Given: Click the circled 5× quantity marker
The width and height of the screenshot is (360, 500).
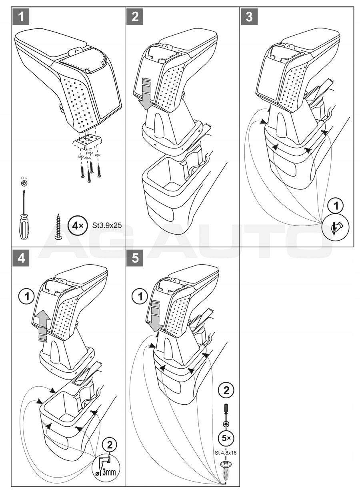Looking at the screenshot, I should point(226,438).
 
